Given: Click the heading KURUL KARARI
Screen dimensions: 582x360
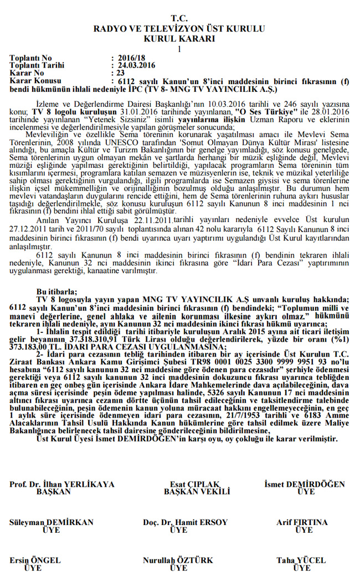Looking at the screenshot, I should coord(179,38).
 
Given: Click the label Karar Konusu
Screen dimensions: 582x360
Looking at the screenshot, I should coord(35,80).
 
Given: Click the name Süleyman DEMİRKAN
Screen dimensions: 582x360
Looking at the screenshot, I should coord(52,522).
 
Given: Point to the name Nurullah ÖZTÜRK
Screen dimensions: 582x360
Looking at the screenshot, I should coord(178,560).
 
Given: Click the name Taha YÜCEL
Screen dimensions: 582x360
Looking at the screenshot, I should coord(301,560).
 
